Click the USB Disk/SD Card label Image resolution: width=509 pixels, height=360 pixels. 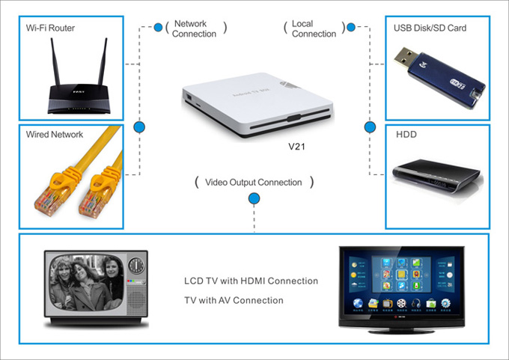[431, 28]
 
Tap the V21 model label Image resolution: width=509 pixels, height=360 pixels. [299, 147]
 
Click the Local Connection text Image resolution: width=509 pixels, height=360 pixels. [314, 28]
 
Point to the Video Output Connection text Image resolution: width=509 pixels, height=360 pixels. [254, 182]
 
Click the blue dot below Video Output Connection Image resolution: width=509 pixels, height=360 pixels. [254, 198]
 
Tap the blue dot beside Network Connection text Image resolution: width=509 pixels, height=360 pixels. [158, 28]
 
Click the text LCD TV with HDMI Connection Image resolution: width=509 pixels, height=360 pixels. [251, 281]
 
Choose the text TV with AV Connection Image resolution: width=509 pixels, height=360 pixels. [234, 300]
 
